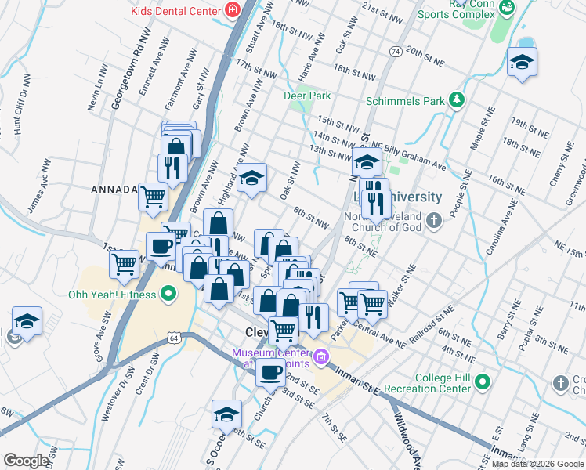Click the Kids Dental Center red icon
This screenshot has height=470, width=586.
point(232,10)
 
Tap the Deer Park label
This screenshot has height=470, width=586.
point(307,96)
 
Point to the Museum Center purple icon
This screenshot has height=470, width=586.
point(320,359)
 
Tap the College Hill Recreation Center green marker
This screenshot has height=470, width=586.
point(483,382)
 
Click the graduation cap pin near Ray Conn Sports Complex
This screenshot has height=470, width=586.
point(522,62)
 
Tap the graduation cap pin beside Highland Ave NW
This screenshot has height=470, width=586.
point(252,178)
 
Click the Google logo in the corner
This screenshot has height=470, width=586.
point(26,461)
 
